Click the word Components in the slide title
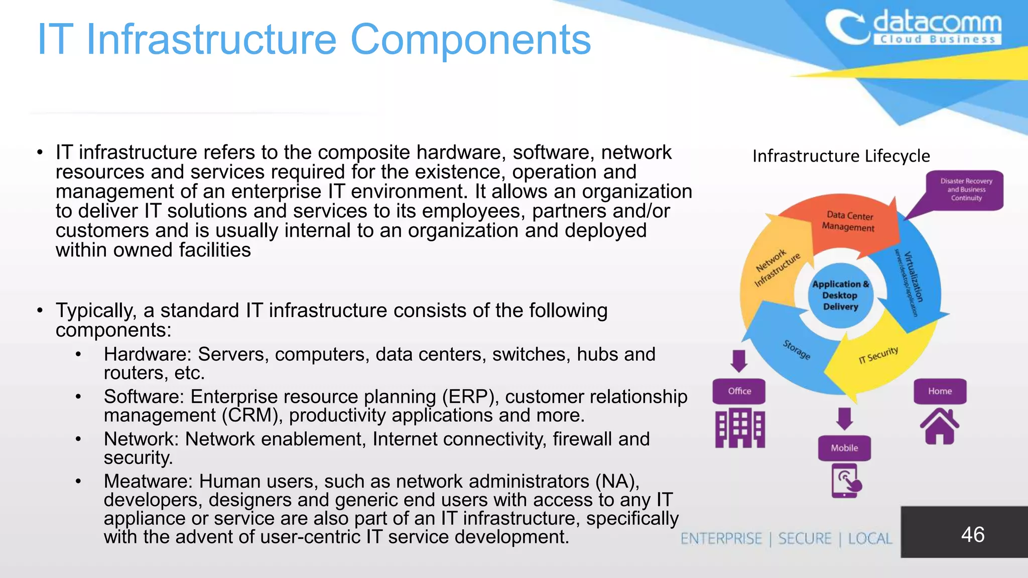pos(470,40)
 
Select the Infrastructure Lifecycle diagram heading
pos(841,156)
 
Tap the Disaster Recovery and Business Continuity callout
pos(966,190)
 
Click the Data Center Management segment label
pos(849,221)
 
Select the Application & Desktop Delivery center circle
pos(840,296)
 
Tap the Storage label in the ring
pos(797,349)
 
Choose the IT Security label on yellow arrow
pos(878,355)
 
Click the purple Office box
pos(739,391)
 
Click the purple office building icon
pos(740,427)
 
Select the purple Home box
pos(940,391)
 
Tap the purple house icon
pos(940,426)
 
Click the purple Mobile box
pos(844,448)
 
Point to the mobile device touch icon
pos(845,481)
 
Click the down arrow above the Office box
pos(738,361)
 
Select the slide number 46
pos(972,534)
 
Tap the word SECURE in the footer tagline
pos(805,539)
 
